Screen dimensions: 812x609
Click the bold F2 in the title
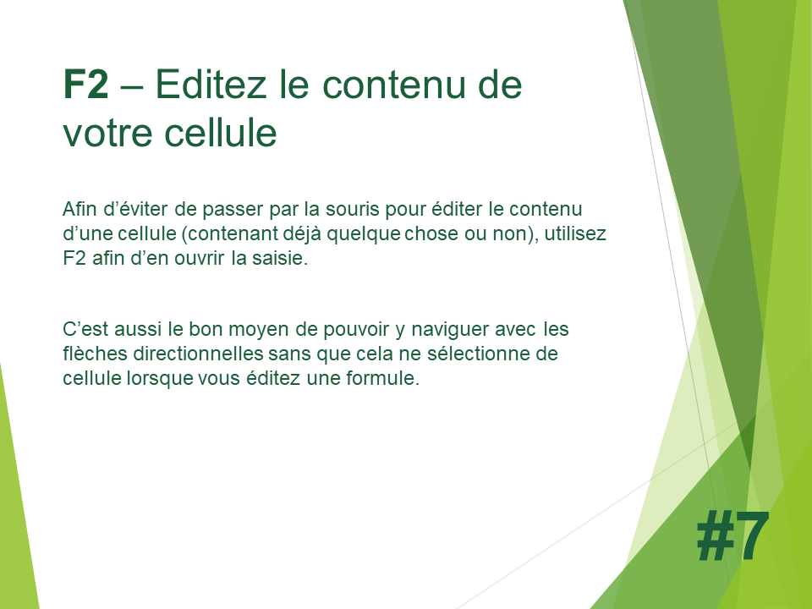pyautogui.click(x=85, y=84)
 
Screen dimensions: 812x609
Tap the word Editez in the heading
pyautogui.click(x=211, y=84)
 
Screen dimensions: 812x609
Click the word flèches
pyautogui.click(x=95, y=354)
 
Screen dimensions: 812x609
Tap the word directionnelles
pyautogui.click(x=198, y=354)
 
